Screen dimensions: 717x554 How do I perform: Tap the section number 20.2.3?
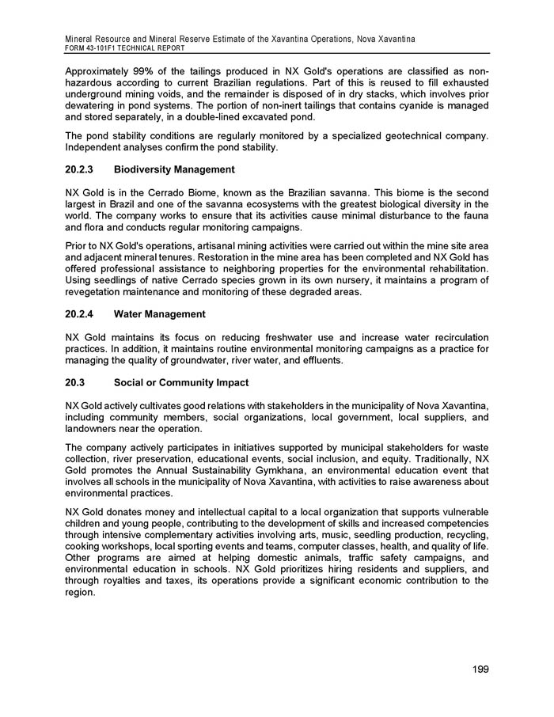[81, 170]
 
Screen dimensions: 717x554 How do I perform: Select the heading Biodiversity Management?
[174, 170]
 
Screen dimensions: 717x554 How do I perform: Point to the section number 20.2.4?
[81, 315]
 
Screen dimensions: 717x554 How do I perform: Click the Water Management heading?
[160, 315]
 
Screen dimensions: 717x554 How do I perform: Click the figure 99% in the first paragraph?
[142, 72]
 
